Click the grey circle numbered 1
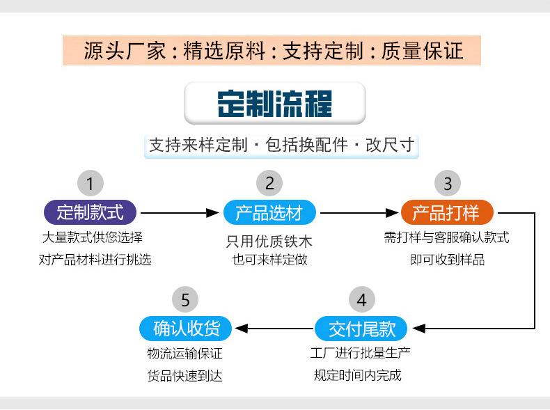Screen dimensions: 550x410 (91, 183)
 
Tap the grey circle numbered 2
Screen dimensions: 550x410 (269, 183)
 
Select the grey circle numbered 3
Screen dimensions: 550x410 (448, 183)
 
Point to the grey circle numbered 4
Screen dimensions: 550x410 (362, 300)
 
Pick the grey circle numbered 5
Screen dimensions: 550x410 (185, 300)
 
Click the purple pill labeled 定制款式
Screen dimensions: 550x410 (90, 212)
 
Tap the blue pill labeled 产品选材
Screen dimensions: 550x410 (269, 212)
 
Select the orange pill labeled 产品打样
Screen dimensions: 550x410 (447, 212)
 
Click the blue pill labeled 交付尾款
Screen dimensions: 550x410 (361, 329)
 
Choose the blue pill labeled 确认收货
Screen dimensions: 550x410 (186, 329)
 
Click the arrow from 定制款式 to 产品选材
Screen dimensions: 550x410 (180, 212)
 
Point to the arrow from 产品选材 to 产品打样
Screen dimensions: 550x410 (359, 212)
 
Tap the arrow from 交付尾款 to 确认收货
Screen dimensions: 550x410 (274, 329)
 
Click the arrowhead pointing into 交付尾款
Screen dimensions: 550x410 (419, 329)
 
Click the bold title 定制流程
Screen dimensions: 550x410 (274, 104)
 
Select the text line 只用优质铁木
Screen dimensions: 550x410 (269, 242)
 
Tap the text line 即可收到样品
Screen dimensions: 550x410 (447, 260)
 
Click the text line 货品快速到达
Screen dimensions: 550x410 (185, 376)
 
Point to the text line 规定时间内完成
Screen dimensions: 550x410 (357, 375)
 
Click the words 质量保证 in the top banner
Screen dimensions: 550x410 (423, 51)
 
